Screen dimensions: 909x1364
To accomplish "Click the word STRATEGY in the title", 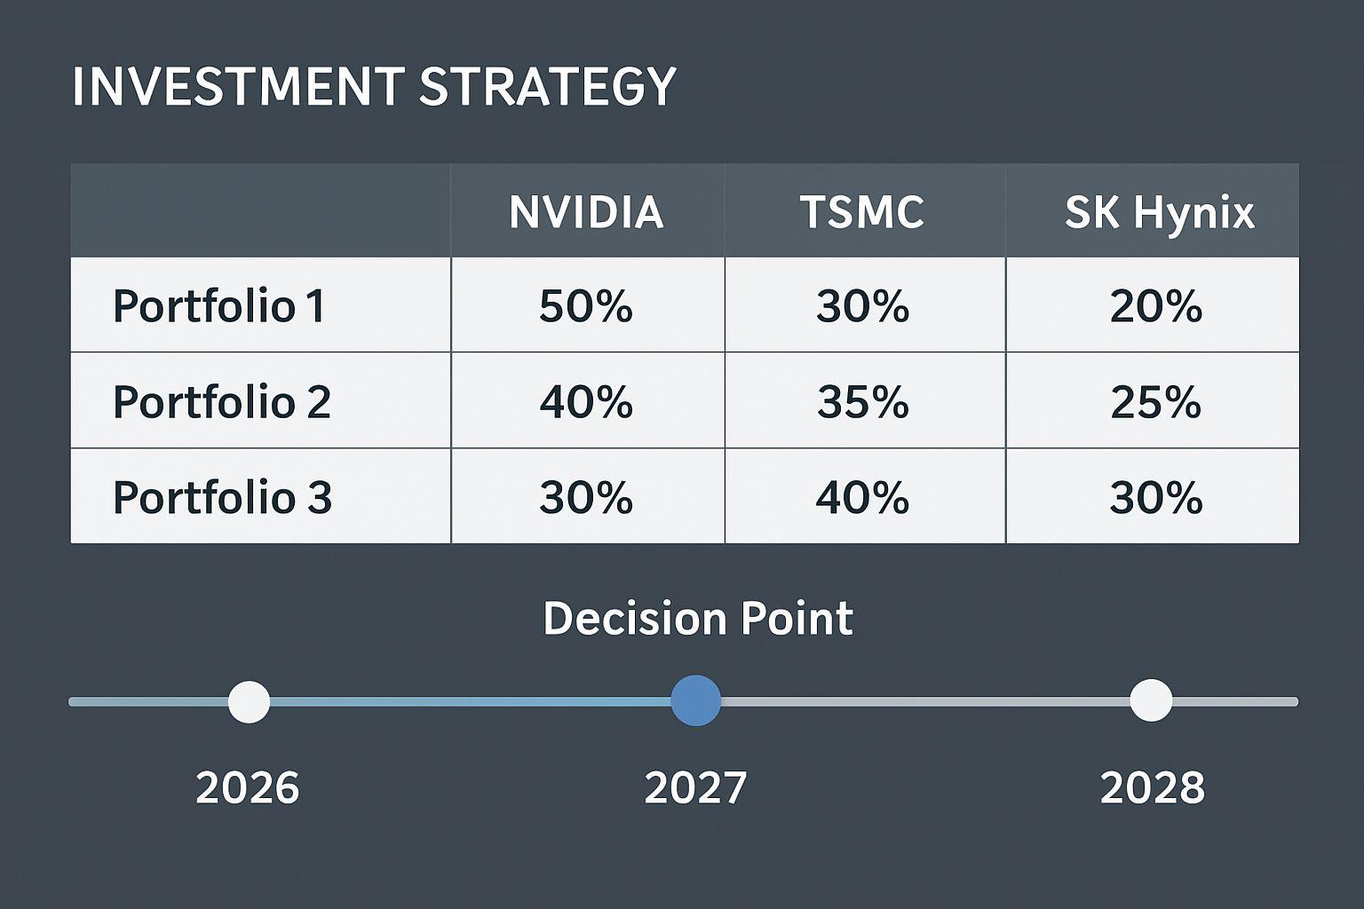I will tap(547, 87).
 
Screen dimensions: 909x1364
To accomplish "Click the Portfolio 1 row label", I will tap(219, 306).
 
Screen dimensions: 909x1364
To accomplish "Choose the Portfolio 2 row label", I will tap(222, 402).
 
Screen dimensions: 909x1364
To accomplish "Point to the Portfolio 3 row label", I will tap(222, 497).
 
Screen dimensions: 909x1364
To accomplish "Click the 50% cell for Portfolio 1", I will tap(586, 306).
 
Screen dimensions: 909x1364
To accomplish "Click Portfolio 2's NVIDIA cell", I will tap(586, 402).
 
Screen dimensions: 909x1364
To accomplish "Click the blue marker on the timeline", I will tap(695, 700).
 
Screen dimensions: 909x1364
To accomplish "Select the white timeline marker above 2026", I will tap(249, 702).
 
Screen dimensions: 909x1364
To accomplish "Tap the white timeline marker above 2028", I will tap(1151, 700).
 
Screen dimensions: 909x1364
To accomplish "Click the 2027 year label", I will tap(695, 787).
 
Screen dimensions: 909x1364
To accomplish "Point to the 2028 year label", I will tap(1153, 787).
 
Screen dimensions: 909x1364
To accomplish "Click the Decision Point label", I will tap(698, 619).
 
